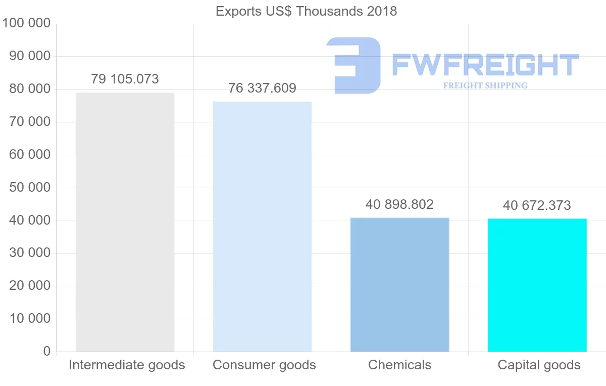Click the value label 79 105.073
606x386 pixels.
click(x=125, y=79)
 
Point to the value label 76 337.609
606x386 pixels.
click(x=262, y=89)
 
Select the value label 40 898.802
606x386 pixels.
click(x=399, y=205)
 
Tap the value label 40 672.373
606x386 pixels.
click(x=537, y=206)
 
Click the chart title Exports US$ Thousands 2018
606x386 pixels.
click(x=306, y=11)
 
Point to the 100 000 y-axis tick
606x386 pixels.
click(x=27, y=23)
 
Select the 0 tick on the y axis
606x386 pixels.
click(x=47, y=351)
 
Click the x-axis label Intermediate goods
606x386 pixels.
click(x=127, y=365)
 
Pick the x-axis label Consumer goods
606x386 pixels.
click(x=264, y=365)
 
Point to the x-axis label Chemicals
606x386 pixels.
click(x=399, y=365)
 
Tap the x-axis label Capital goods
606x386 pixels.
click(x=539, y=365)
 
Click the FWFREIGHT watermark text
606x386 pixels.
click(x=485, y=65)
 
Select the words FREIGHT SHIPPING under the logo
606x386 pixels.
click(x=485, y=85)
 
